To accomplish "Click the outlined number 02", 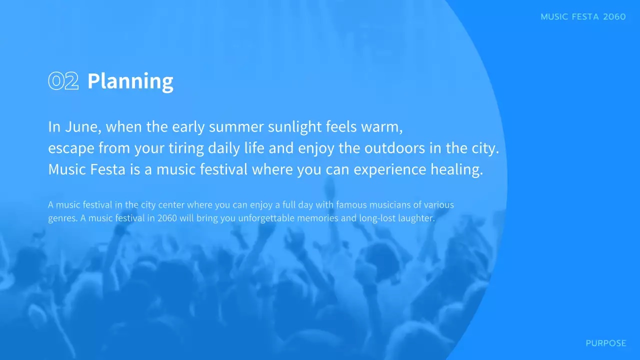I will tap(63, 81).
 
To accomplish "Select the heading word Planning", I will tap(130, 81).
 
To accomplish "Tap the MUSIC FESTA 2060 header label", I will tap(583, 17).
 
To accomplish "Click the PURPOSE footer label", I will tap(605, 343).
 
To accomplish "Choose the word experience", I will tap(390, 170).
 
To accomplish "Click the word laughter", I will tap(417, 218).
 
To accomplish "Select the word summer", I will tap(236, 127).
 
